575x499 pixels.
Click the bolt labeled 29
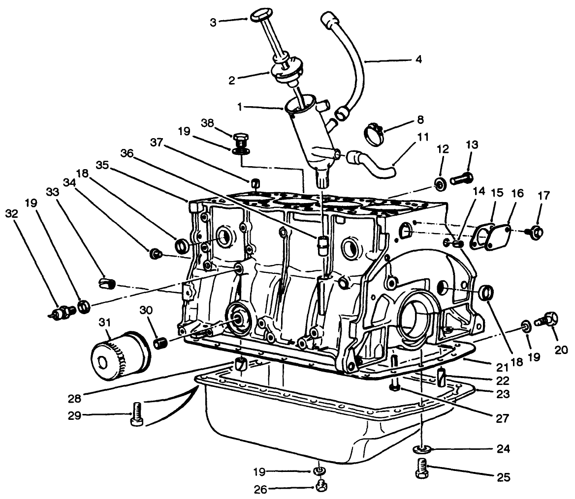coord(136,414)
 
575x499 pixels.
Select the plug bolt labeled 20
coord(546,320)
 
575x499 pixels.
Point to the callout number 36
coord(127,153)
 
